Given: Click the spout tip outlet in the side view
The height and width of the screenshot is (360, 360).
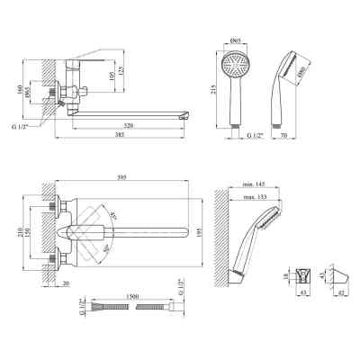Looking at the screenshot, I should (x=185, y=115).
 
